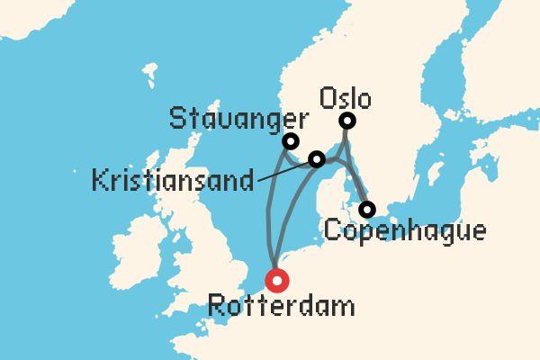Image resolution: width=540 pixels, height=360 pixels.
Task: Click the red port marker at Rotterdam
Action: [x=277, y=281]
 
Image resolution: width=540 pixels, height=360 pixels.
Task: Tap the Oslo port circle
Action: [x=346, y=121]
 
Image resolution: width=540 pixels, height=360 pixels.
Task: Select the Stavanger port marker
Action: [x=290, y=141]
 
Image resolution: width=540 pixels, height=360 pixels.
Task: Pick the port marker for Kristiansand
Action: [x=317, y=159]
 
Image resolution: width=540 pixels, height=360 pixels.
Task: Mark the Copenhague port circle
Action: [x=366, y=210]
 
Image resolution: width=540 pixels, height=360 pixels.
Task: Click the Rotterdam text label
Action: [x=281, y=306]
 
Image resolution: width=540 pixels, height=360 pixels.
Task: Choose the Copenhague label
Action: [x=403, y=232]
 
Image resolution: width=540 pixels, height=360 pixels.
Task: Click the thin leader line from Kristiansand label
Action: [x=283, y=172]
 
